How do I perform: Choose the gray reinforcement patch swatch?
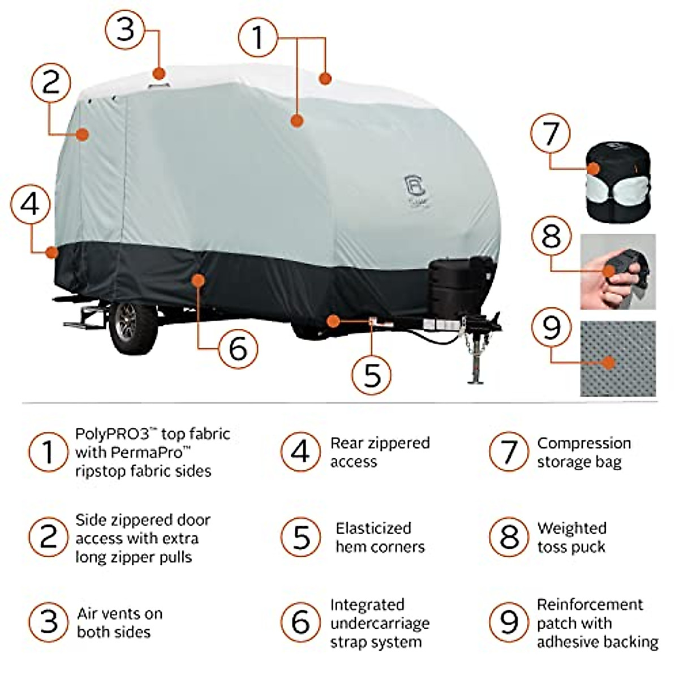click(618, 358)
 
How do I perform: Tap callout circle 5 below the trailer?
click(372, 374)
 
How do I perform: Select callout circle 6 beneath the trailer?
click(238, 347)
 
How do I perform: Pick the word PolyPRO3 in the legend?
click(112, 434)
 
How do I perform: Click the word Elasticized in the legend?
click(373, 528)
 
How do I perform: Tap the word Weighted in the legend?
click(571, 528)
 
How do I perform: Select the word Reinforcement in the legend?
click(590, 604)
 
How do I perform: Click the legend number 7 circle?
click(509, 452)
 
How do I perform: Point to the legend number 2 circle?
click(49, 537)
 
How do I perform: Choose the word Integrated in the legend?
click(367, 605)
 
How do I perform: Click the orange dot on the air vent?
click(159, 74)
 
